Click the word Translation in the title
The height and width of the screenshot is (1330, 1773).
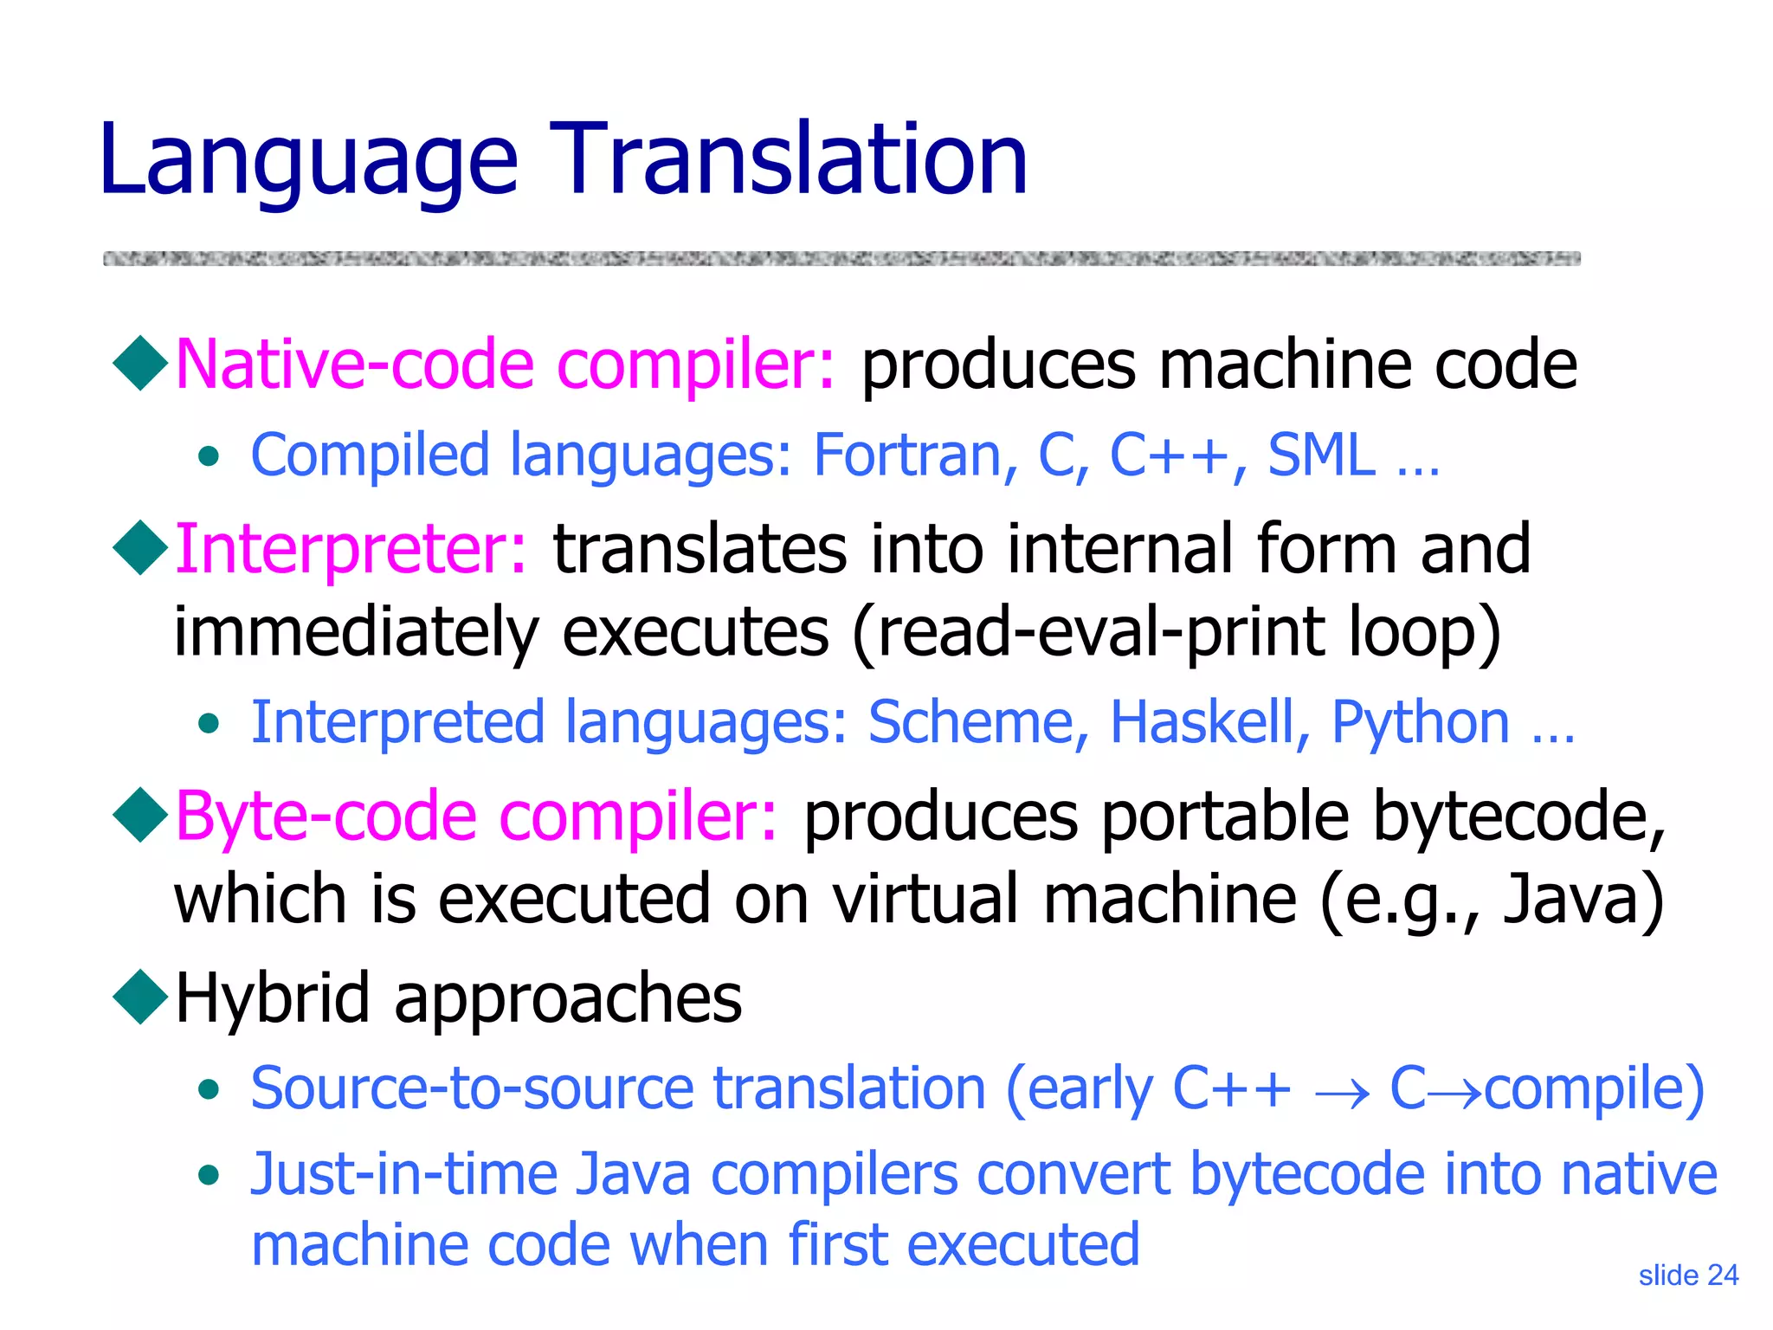click(x=788, y=160)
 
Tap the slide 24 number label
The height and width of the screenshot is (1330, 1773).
click(x=1688, y=1275)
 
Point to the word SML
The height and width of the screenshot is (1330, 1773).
click(x=1321, y=455)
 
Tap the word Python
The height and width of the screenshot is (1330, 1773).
click(x=1420, y=724)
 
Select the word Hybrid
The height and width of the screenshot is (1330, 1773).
click(x=273, y=998)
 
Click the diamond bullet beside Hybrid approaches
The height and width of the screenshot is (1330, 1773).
click(x=140, y=997)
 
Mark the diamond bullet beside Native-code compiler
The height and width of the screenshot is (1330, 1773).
click(x=140, y=364)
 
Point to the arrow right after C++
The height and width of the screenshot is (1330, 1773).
click(x=1341, y=1093)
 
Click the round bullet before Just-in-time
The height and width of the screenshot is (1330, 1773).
click(x=208, y=1176)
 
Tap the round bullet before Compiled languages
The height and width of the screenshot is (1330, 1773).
click(x=208, y=456)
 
